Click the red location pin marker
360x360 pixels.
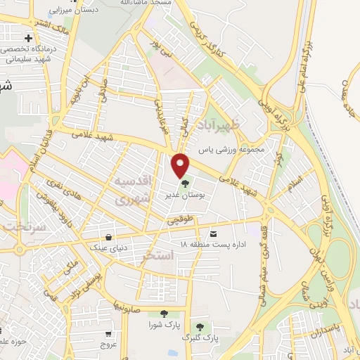tap(181, 165)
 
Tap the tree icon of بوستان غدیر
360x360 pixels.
tap(185, 184)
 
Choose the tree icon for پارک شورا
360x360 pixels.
tap(164, 314)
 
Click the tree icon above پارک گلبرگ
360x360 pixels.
tap(200, 327)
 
